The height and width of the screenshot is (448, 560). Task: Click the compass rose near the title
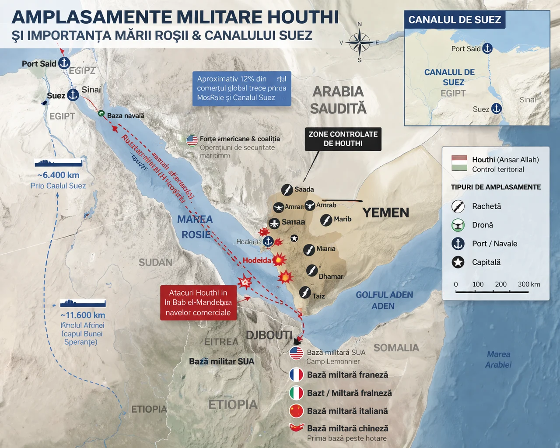click(360, 42)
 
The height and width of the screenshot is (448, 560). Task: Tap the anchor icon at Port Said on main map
click(64, 63)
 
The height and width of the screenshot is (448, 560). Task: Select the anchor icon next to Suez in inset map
click(496, 108)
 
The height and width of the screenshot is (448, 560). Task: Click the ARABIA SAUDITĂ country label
click(338, 100)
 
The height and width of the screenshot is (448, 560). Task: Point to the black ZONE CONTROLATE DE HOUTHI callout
click(343, 139)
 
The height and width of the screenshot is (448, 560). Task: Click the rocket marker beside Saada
click(287, 189)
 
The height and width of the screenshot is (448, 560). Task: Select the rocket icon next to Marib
click(326, 220)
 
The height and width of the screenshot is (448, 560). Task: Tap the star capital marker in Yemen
click(294, 238)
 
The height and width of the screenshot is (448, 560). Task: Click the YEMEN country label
click(385, 213)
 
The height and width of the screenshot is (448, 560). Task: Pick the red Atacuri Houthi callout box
click(198, 303)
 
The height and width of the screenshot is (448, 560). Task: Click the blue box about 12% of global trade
click(241, 88)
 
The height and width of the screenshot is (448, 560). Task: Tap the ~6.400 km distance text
click(58, 175)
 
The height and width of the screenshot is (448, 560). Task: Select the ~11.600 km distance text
click(83, 315)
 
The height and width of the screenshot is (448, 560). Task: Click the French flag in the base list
click(296, 375)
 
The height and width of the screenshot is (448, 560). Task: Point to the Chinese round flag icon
click(296, 411)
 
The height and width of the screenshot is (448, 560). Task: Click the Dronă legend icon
click(458, 225)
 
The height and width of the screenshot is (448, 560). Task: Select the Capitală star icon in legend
click(458, 262)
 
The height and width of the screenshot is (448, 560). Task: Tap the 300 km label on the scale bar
click(528, 284)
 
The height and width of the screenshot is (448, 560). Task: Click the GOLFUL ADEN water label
click(384, 295)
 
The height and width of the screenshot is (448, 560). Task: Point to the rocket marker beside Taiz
click(305, 292)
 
